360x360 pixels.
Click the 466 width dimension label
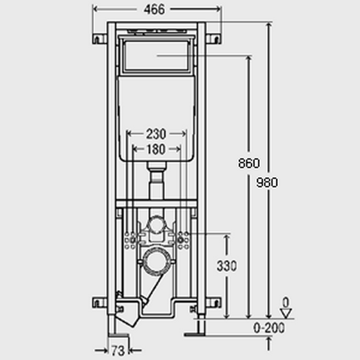(154, 10)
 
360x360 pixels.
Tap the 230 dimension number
(156, 134)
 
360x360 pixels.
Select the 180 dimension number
(156, 149)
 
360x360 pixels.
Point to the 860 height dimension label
(249, 163)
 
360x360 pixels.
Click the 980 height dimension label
(267, 182)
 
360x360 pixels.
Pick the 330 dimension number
(227, 266)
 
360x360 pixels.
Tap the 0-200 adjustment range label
(269, 327)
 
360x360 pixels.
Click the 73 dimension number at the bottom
(118, 350)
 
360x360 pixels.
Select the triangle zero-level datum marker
(286, 313)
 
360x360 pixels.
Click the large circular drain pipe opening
(157, 261)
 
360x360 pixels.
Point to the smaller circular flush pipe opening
(157, 224)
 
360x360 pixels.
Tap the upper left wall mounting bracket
(100, 39)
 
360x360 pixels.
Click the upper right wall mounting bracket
(213, 39)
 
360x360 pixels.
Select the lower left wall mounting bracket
(100, 303)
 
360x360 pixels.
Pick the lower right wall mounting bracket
(213, 303)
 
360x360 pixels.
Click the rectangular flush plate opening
(157, 56)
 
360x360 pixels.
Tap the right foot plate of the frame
(195, 335)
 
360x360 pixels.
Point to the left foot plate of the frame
(119, 335)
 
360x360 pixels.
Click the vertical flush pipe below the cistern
(156, 181)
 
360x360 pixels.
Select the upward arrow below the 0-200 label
(269, 344)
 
